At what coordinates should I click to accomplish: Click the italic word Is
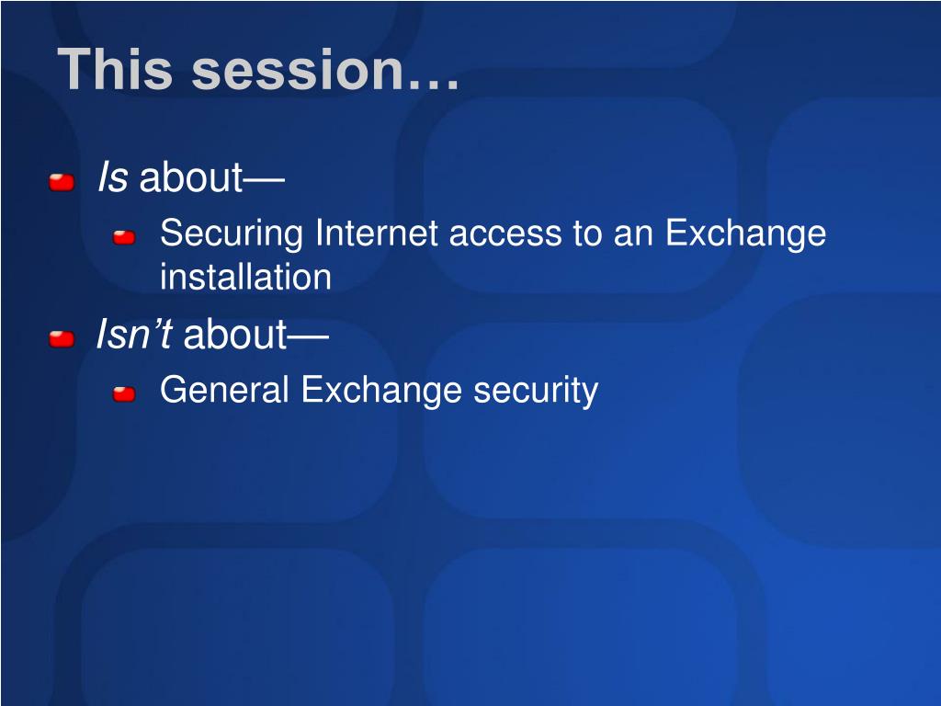pos(112,177)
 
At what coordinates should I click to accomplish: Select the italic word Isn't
pos(135,334)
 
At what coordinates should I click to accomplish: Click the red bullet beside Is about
pos(62,182)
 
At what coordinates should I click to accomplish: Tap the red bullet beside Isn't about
pos(62,338)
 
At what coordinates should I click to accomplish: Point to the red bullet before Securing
pos(124,238)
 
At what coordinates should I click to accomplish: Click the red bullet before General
pos(124,393)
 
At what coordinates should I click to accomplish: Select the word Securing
pos(231,234)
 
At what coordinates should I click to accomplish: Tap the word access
pos(505,234)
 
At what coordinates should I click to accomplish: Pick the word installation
pos(246,277)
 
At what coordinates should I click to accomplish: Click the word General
pos(224,389)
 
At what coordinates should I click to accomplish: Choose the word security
pos(536,391)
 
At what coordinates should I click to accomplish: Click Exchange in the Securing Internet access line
pos(746,234)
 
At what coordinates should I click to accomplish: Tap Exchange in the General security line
pos(381,391)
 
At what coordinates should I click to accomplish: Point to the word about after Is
pos(191,177)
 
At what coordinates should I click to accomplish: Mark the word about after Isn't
pos(235,335)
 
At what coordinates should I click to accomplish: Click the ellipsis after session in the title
pos(434,84)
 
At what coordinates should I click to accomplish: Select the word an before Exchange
pos(633,234)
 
